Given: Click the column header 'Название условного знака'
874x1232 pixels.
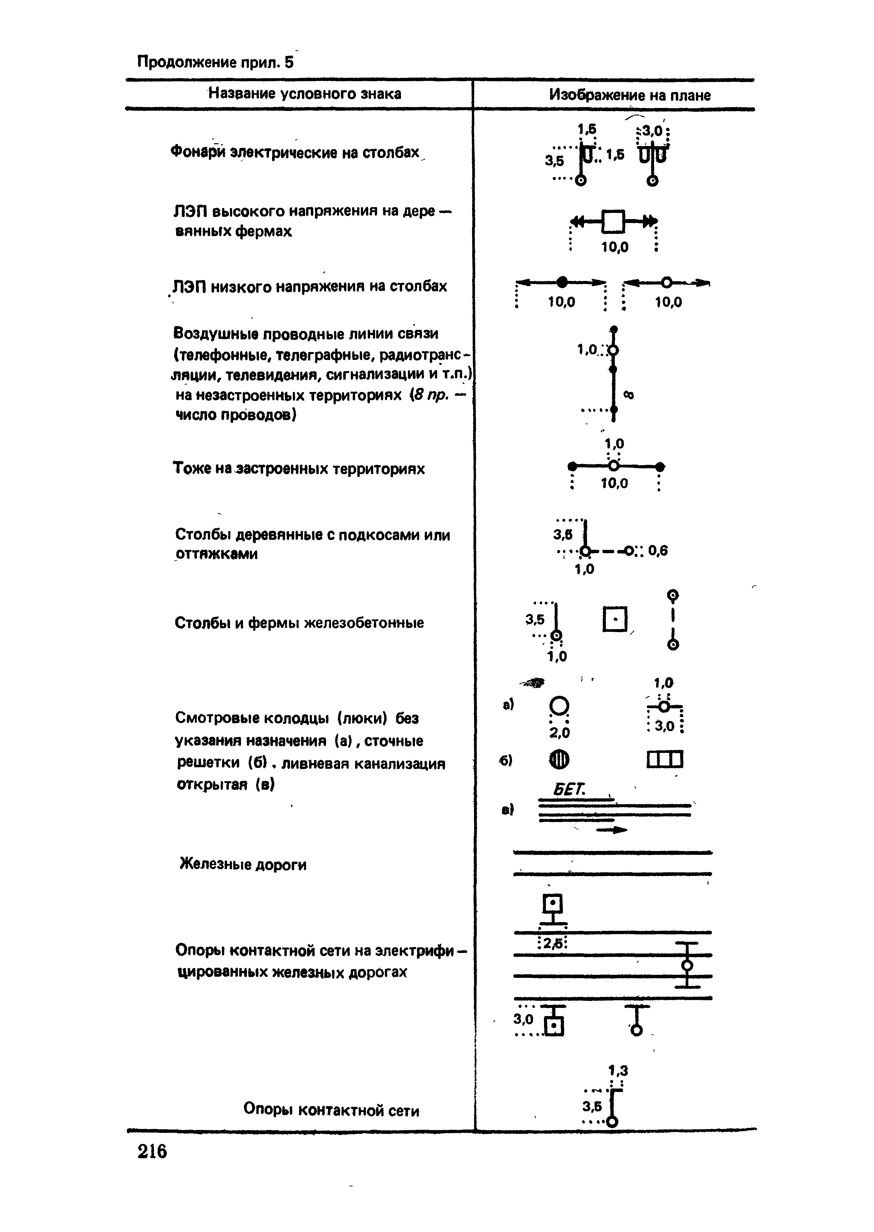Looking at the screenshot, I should click(305, 94).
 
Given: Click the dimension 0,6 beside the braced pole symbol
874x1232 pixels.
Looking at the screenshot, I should click(658, 550).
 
